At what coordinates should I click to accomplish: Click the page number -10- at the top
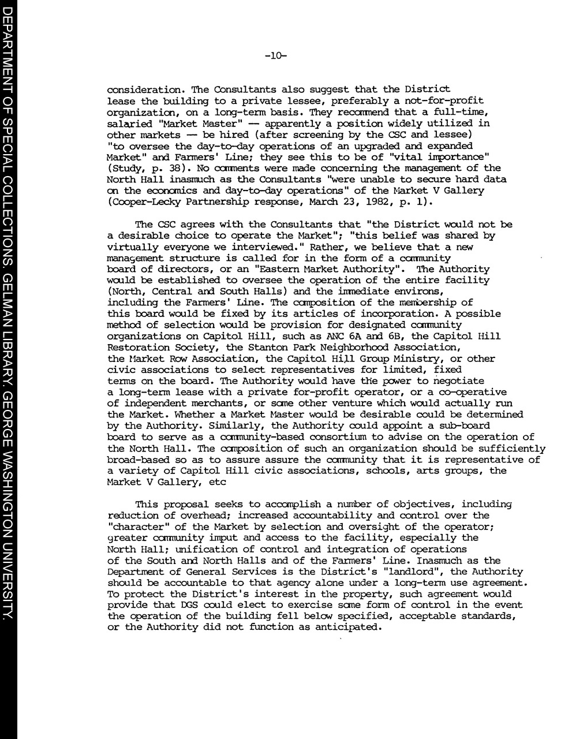pos(275,56)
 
